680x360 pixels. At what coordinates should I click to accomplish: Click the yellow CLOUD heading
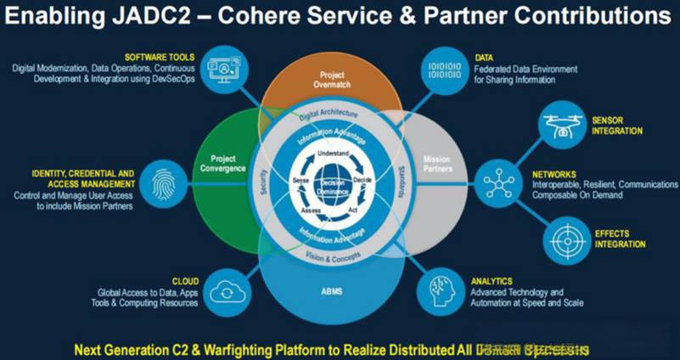(x=184, y=281)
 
